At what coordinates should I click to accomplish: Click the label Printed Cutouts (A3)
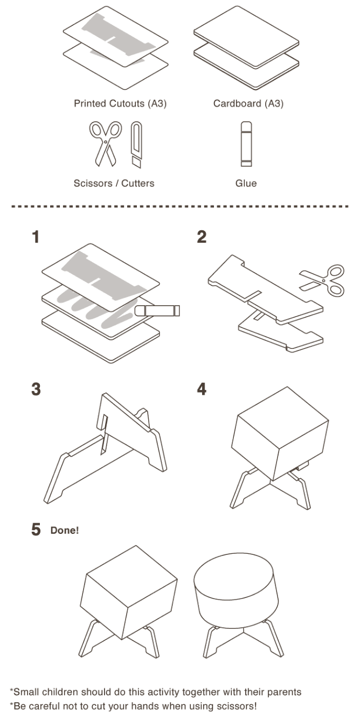120,104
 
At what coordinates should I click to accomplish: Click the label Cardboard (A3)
248,104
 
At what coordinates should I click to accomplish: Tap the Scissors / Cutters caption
114,183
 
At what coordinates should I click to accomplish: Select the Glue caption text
246,183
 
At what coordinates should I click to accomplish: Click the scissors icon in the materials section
103,143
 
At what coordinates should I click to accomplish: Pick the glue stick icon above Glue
246,143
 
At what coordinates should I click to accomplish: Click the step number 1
36,237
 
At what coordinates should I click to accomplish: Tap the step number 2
202,237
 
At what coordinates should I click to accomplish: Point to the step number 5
36,530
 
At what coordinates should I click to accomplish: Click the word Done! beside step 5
65,530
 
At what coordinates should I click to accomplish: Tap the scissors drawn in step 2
324,279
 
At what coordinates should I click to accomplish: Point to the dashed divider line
180,206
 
